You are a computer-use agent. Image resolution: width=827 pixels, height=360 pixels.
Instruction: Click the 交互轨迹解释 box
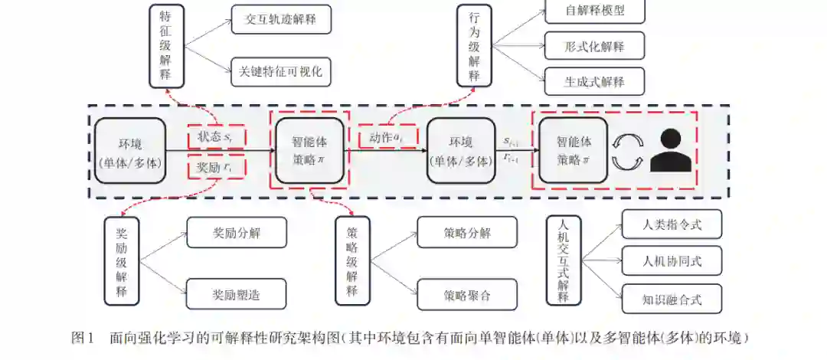[x=281, y=19]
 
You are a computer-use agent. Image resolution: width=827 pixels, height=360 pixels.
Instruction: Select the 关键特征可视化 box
[x=281, y=72]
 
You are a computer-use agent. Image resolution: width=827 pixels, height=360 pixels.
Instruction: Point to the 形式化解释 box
[x=594, y=46]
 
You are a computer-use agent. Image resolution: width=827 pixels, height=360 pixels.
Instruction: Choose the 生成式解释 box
[x=594, y=81]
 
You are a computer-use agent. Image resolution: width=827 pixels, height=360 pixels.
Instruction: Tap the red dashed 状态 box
[x=217, y=137]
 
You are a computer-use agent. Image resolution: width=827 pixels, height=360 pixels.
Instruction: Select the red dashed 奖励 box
[x=217, y=167]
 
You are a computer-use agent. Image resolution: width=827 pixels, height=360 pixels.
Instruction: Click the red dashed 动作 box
[x=387, y=136]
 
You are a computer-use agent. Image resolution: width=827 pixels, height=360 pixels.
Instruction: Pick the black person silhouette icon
[x=671, y=151]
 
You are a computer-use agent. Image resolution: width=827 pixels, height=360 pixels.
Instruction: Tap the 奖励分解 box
[x=236, y=233]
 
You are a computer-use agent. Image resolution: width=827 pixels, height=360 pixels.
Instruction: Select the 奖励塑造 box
[x=236, y=294]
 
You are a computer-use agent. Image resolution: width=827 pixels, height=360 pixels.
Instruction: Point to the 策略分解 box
[x=467, y=233]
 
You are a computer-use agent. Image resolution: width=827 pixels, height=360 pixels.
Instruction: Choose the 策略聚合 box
[x=467, y=294]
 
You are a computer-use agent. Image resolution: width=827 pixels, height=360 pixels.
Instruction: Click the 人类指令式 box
[x=672, y=225]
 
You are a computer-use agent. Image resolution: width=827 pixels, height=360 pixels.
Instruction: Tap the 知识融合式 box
[x=672, y=298]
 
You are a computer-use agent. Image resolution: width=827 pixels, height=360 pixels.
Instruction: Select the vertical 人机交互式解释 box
[x=564, y=260]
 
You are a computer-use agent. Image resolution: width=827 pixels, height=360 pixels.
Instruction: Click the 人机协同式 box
[x=672, y=261]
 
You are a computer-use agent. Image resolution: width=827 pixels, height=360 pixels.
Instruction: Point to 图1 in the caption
[x=81, y=338]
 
